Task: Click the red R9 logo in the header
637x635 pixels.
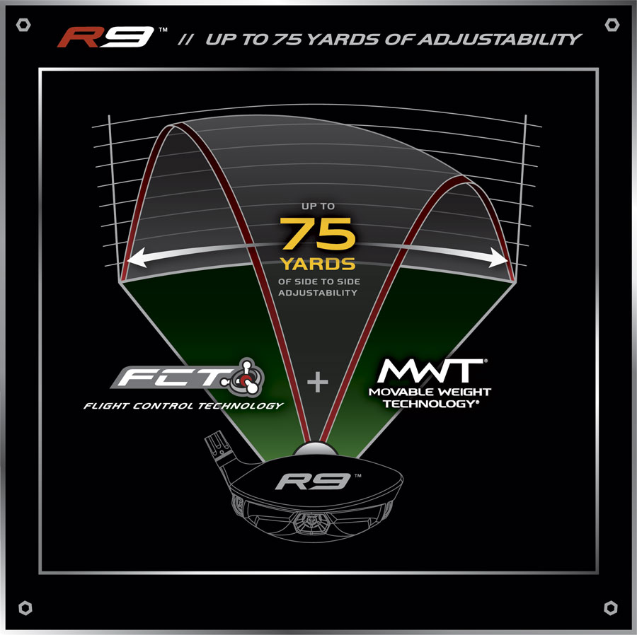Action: click(x=105, y=37)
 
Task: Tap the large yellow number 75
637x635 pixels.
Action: click(x=317, y=233)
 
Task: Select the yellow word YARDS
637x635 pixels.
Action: click(x=318, y=264)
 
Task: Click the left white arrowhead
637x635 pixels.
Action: click(x=137, y=257)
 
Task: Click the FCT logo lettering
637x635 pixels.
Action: click(x=173, y=377)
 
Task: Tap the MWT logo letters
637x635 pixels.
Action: click(x=431, y=371)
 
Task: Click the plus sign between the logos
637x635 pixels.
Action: click(x=318, y=383)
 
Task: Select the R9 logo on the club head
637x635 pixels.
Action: click(x=313, y=482)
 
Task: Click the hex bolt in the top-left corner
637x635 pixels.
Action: click(x=23, y=25)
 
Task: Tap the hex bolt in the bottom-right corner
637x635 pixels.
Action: click(x=611, y=608)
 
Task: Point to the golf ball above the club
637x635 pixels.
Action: click(x=315, y=449)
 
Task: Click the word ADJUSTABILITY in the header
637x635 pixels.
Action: click(x=499, y=40)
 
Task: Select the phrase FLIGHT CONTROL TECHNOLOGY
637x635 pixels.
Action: click(x=183, y=406)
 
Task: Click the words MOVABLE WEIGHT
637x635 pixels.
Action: click(x=430, y=392)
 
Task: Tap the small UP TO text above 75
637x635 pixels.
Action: click(x=318, y=206)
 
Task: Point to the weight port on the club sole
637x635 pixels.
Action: click(x=311, y=521)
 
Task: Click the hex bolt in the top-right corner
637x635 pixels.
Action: click(x=612, y=25)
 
